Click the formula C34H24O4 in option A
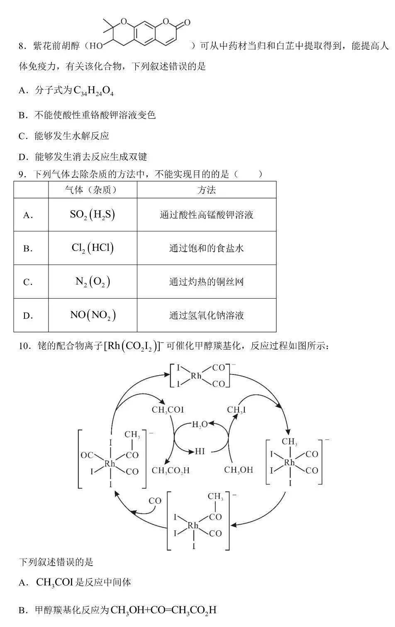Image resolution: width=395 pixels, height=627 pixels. coord(93,90)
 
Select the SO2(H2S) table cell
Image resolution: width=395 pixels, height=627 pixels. coord(92,215)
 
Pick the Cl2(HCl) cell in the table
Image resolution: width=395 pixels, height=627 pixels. coord(93,248)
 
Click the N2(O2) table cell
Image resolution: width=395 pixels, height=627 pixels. coord(93,282)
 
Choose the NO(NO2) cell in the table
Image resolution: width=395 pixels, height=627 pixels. coord(93,315)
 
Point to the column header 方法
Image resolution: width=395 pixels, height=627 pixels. coord(207,190)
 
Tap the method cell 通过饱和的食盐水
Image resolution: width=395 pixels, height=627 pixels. coord(207,248)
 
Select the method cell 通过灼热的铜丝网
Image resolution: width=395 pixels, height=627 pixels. coord(207,282)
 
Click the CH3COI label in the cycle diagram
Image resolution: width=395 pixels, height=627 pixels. coord(168,410)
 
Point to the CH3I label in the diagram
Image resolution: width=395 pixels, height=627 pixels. coord(236,410)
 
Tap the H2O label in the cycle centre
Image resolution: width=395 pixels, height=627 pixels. coord(200,425)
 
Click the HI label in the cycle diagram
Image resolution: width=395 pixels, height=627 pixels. coord(200,451)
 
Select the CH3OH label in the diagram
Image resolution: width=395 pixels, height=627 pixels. coord(239,470)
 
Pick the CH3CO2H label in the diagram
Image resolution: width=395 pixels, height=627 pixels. coord(171,471)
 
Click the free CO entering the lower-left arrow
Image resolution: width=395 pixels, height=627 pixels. coord(155,501)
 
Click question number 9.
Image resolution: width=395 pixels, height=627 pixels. coord(22,175)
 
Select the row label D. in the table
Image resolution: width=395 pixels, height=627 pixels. coord(28,316)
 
